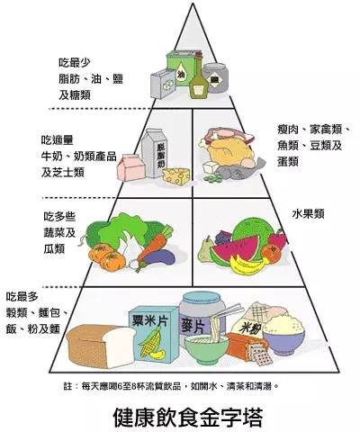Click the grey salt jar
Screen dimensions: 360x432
tap(215, 78)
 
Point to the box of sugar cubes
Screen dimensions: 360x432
tap(163, 84)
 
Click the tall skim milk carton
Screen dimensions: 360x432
tap(157, 153)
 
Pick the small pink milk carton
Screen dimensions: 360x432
tap(130, 167)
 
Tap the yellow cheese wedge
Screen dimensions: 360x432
tap(176, 176)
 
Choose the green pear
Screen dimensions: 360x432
tap(205, 250)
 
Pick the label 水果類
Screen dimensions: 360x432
tap(308, 214)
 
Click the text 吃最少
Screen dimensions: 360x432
tap(75, 63)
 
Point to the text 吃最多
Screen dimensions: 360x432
tap(22, 297)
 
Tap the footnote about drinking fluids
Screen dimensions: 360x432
tap(171, 386)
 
